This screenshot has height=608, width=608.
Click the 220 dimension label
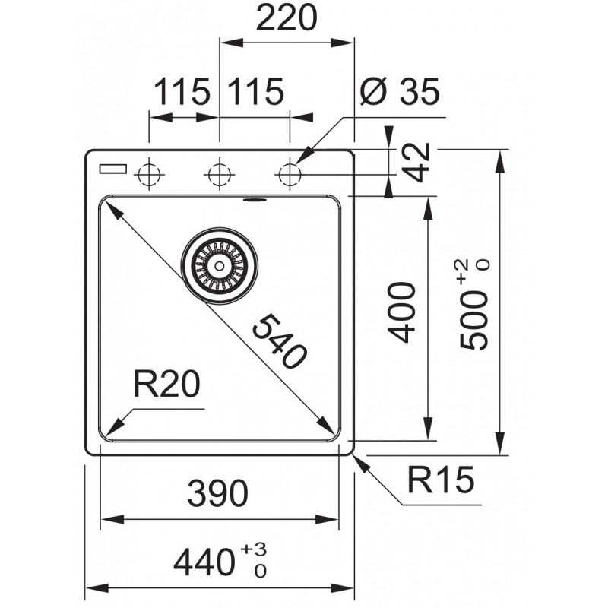pos(287,17)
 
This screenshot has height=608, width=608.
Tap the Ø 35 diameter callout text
pos(400,91)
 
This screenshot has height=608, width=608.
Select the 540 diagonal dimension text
pos(280,341)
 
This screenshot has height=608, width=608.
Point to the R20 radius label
pos(166,384)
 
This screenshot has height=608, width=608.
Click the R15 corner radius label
pos(441,480)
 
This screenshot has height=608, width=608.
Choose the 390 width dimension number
pos(217,493)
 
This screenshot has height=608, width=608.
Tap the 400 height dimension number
pos(402,312)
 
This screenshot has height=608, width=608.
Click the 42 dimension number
pos(416,162)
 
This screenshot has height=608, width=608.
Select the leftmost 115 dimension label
pos(182,91)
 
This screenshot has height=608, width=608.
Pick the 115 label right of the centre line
pos(255,91)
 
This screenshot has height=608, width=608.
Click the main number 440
pos(204,562)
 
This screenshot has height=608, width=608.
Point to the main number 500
pos(473,320)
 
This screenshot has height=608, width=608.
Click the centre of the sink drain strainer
pos(219,266)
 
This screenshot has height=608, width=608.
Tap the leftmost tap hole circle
pos(149,175)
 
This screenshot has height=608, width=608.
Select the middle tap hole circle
pos(220,175)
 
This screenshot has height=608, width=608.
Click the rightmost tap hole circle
pos(290,175)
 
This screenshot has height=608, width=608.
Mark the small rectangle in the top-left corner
pos(113,169)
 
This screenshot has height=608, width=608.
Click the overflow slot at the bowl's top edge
pos(255,200)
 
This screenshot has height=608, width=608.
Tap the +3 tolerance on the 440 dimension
pos(253,549)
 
